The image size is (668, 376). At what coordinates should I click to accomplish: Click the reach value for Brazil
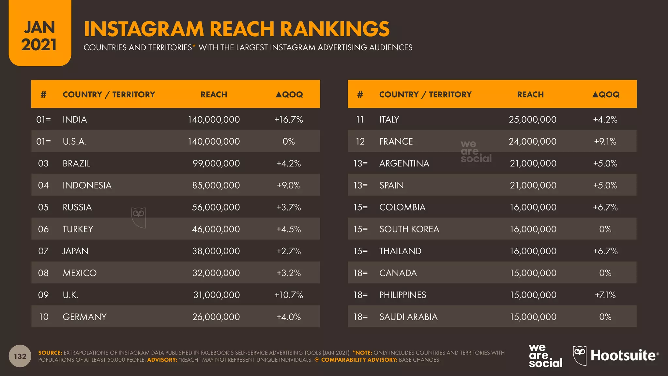216,163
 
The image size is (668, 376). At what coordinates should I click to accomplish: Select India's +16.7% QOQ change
288,119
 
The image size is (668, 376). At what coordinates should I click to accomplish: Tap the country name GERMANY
84,317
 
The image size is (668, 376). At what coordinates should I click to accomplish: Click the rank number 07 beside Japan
43,251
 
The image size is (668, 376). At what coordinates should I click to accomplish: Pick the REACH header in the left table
214,95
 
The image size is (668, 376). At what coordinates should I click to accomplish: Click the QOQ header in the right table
606,95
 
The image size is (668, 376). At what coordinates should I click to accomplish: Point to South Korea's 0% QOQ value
605,229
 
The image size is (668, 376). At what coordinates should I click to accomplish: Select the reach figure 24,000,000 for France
532,141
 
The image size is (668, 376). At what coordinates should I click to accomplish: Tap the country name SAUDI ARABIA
408,317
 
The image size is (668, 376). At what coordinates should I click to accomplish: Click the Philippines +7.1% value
605,295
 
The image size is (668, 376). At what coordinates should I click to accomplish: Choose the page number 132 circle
20,356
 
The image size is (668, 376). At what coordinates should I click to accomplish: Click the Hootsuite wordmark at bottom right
623,356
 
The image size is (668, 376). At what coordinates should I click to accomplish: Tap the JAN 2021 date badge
39,36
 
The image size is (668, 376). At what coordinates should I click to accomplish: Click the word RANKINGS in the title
335,29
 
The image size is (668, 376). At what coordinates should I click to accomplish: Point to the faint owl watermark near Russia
139,217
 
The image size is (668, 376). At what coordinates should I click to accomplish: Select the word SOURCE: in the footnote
50,353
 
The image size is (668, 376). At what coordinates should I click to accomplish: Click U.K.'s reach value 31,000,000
216,295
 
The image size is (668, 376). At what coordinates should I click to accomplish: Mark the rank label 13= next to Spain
360,185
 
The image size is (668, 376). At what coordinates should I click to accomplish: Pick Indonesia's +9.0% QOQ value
288,185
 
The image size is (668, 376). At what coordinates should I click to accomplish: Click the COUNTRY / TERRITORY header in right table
425,95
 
